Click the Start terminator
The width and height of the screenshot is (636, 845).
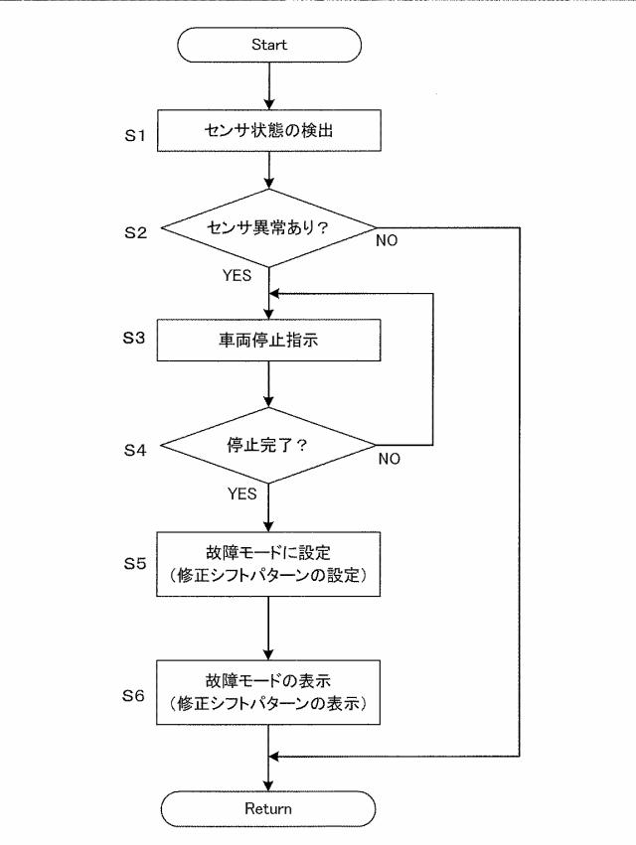(269, 45)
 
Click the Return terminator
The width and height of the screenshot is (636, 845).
(269, 808)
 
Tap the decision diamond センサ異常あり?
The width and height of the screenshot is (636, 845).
(269, 228)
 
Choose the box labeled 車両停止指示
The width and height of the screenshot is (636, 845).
(269, 340)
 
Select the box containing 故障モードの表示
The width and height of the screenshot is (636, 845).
(269, 693)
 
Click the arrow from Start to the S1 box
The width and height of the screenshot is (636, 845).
(269, 86)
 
